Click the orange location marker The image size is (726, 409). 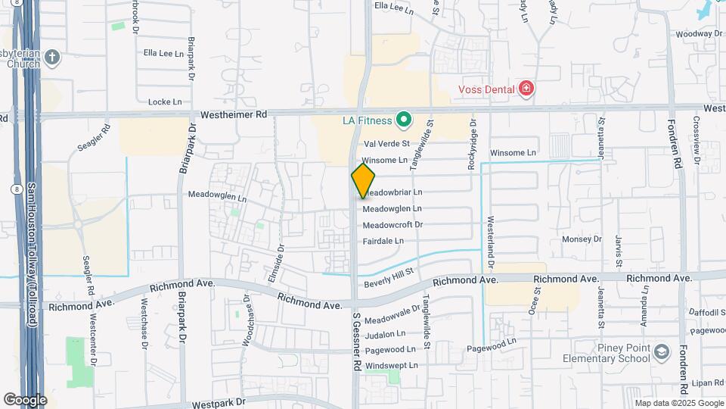363,180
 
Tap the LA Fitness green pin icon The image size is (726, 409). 405,120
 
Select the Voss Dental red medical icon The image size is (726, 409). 526,89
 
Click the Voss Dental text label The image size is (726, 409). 487,89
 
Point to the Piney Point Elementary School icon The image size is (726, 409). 662,352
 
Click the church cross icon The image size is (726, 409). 52,57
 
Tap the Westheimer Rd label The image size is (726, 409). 234,115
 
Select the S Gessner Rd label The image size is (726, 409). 355,341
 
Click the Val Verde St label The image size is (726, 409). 386,144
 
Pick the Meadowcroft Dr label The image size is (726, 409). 392,225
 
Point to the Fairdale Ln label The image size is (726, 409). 383,241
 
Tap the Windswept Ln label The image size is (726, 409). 391,366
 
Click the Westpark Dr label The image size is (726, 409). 220,404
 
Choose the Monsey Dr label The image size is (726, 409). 582,239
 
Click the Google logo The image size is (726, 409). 25,399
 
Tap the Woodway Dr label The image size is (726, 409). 700,34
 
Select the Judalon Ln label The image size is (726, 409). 385,334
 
